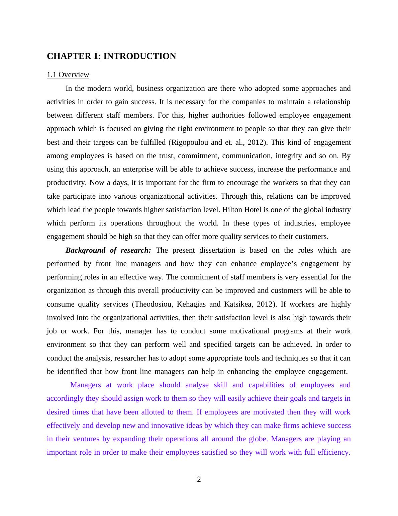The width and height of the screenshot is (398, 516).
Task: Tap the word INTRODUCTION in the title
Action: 140,56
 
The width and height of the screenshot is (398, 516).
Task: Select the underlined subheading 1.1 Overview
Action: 68,75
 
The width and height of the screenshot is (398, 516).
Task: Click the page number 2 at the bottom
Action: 199,479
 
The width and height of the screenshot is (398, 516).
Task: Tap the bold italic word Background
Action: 85,250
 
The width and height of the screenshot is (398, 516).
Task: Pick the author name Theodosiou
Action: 153,304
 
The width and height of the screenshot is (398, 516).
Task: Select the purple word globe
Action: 258,439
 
